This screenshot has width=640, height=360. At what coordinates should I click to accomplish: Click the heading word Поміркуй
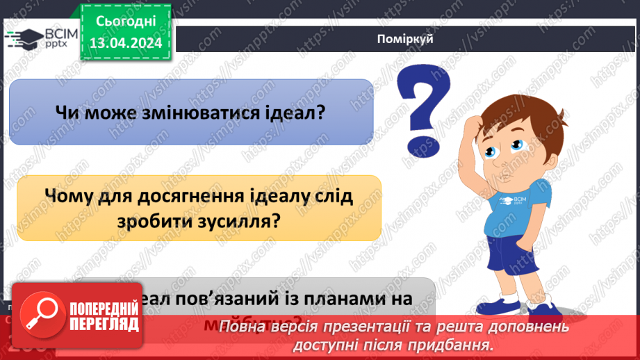click(406, 38)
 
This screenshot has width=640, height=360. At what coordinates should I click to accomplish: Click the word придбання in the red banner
click(452, 344)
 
